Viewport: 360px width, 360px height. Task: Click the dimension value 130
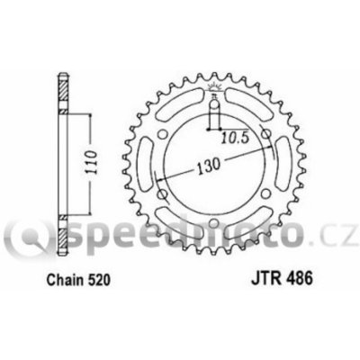209,166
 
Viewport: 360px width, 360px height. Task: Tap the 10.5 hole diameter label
236,138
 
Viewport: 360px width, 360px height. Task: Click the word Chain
65,280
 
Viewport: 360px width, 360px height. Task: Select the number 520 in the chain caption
99,280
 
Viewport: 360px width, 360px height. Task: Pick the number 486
300,278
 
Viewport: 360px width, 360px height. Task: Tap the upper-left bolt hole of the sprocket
163,134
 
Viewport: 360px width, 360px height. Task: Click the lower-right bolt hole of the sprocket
265,194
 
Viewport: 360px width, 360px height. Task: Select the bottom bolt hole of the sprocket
213,223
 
